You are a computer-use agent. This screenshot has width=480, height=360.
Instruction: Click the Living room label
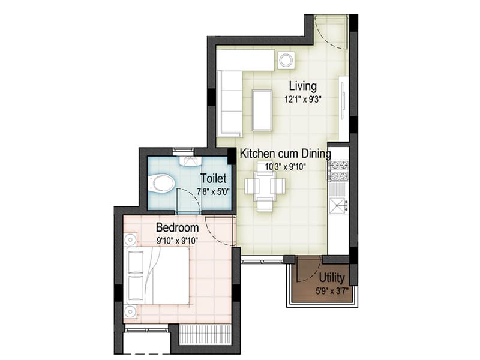(302, 85)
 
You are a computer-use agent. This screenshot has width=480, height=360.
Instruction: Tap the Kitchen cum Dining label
(285, 154)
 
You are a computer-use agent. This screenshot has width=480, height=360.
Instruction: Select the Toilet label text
(213, 178)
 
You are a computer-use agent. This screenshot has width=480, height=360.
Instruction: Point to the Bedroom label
(177, 228)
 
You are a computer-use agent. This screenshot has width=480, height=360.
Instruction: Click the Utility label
(331, 278)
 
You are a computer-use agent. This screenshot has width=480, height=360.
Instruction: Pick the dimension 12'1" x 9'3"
(302, 99)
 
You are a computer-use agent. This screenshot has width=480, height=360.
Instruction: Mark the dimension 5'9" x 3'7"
(331, 290)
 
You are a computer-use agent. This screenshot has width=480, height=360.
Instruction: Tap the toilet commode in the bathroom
(160, 183)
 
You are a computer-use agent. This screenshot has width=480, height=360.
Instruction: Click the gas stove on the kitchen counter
(338, 169)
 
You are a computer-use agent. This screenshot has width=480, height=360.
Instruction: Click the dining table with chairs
(265, 187)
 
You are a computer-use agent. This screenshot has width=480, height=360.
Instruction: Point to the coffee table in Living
(262, 110)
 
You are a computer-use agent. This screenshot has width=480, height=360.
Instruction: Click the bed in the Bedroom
(158, 275)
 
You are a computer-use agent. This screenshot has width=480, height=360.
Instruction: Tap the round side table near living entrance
(285, 60)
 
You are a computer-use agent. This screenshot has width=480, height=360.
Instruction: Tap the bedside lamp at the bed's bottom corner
(131, 311)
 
